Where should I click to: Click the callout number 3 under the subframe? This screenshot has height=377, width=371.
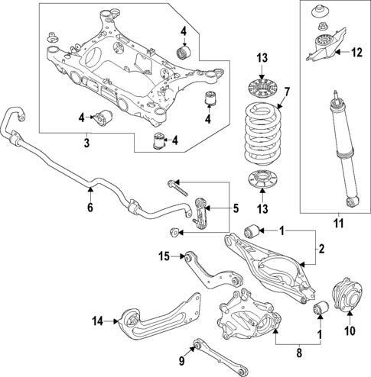coord(87,143)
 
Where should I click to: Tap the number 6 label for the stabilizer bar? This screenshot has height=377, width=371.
coord(89,207)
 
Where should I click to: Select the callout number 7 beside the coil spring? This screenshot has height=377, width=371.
coord(287,94)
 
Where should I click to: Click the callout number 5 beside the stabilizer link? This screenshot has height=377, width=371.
coord(235,208)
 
